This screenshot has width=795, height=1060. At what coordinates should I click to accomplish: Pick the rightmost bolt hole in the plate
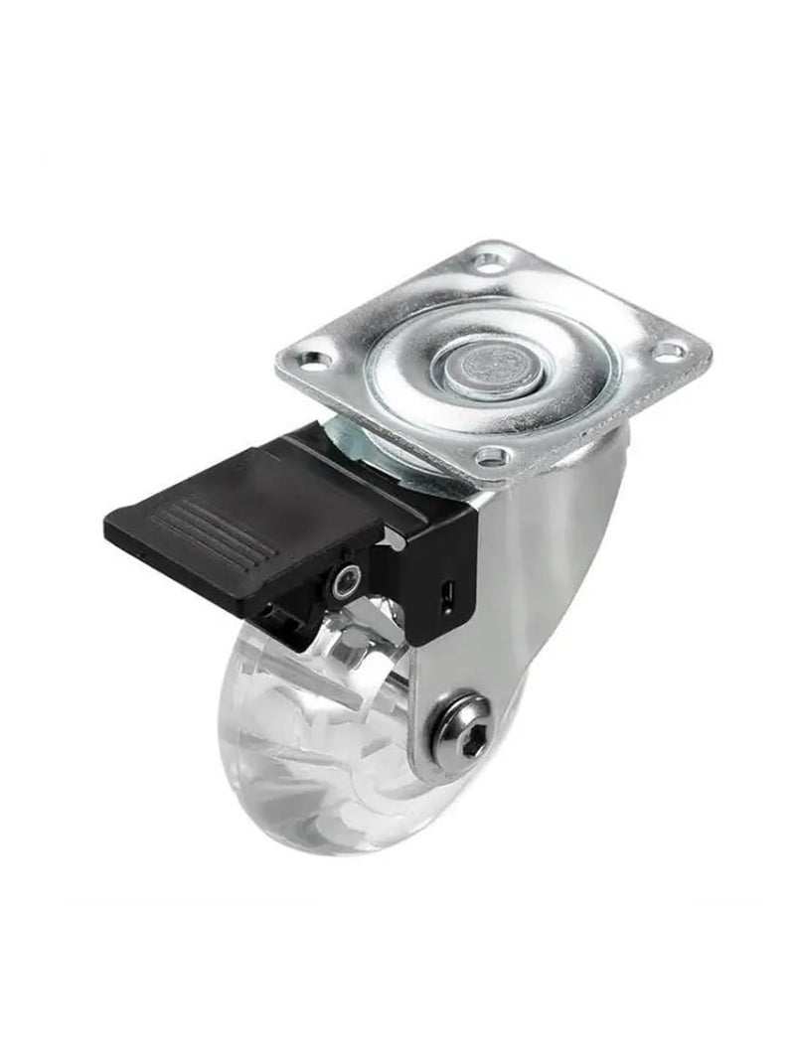670,351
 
